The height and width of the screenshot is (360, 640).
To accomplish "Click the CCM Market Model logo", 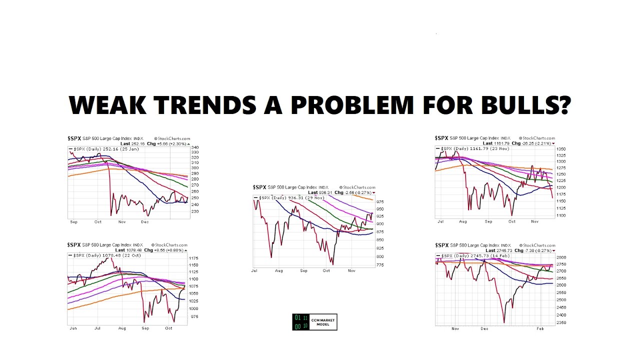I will pos(314,322).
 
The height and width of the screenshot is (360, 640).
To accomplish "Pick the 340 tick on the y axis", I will pos(194,148).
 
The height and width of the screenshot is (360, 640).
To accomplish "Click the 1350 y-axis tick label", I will pos(561,149).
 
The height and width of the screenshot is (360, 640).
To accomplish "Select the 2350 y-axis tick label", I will pos(561,322).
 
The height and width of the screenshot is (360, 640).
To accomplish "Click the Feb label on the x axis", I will pos(540,329).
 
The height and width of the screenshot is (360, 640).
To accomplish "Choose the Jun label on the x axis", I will pos(73,328).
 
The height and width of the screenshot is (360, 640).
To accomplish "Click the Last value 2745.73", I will pos(505,250).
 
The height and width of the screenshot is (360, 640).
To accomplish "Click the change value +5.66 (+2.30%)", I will pos(171,144).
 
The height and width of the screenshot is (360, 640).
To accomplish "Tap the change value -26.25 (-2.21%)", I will pos(537,143).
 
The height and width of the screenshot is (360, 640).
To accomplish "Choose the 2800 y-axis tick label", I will pos(561,257).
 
